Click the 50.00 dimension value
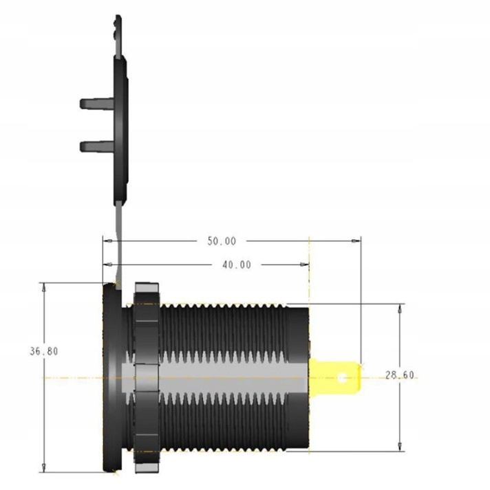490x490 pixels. pos(222,241)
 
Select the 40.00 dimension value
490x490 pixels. pos(236,265)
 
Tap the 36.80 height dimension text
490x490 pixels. pos(43,350)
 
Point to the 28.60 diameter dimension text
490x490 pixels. pos(400,375)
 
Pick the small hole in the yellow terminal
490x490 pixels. pos(343,377)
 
